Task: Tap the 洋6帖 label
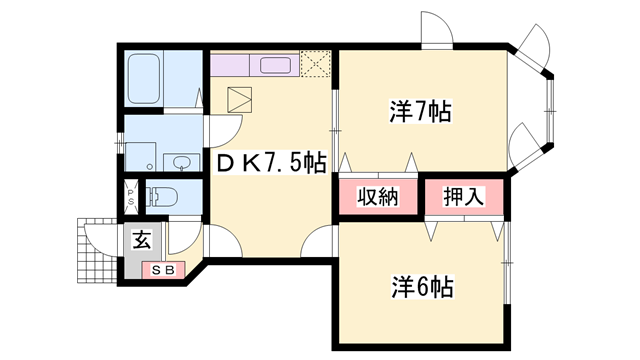tap(421, 287)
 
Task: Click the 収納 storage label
tap(376, 195)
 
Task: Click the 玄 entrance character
tap(142, 240)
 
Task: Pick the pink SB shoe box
tap(163, 269)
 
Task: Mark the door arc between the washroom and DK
tap(226, 127)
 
